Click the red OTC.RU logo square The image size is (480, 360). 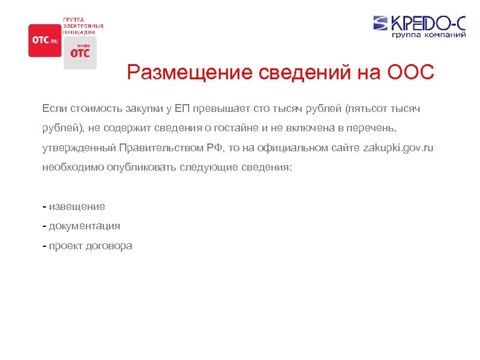pos(45,40)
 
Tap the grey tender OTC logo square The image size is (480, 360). pos(80,52)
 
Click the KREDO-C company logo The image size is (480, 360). pos(419,23)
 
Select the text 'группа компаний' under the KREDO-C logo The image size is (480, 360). pos(429,35)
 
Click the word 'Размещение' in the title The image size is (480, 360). pos(190,73)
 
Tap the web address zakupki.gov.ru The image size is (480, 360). pos(398,147)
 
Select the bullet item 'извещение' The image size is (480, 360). pos(77,206)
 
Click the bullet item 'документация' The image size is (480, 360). pos(84,226)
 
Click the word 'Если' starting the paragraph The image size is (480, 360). pos(53,108)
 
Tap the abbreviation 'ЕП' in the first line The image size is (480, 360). pos(184,108)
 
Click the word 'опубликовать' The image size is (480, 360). pos(142,166)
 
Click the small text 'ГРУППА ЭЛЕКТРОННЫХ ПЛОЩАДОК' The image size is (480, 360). pos(83,25)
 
